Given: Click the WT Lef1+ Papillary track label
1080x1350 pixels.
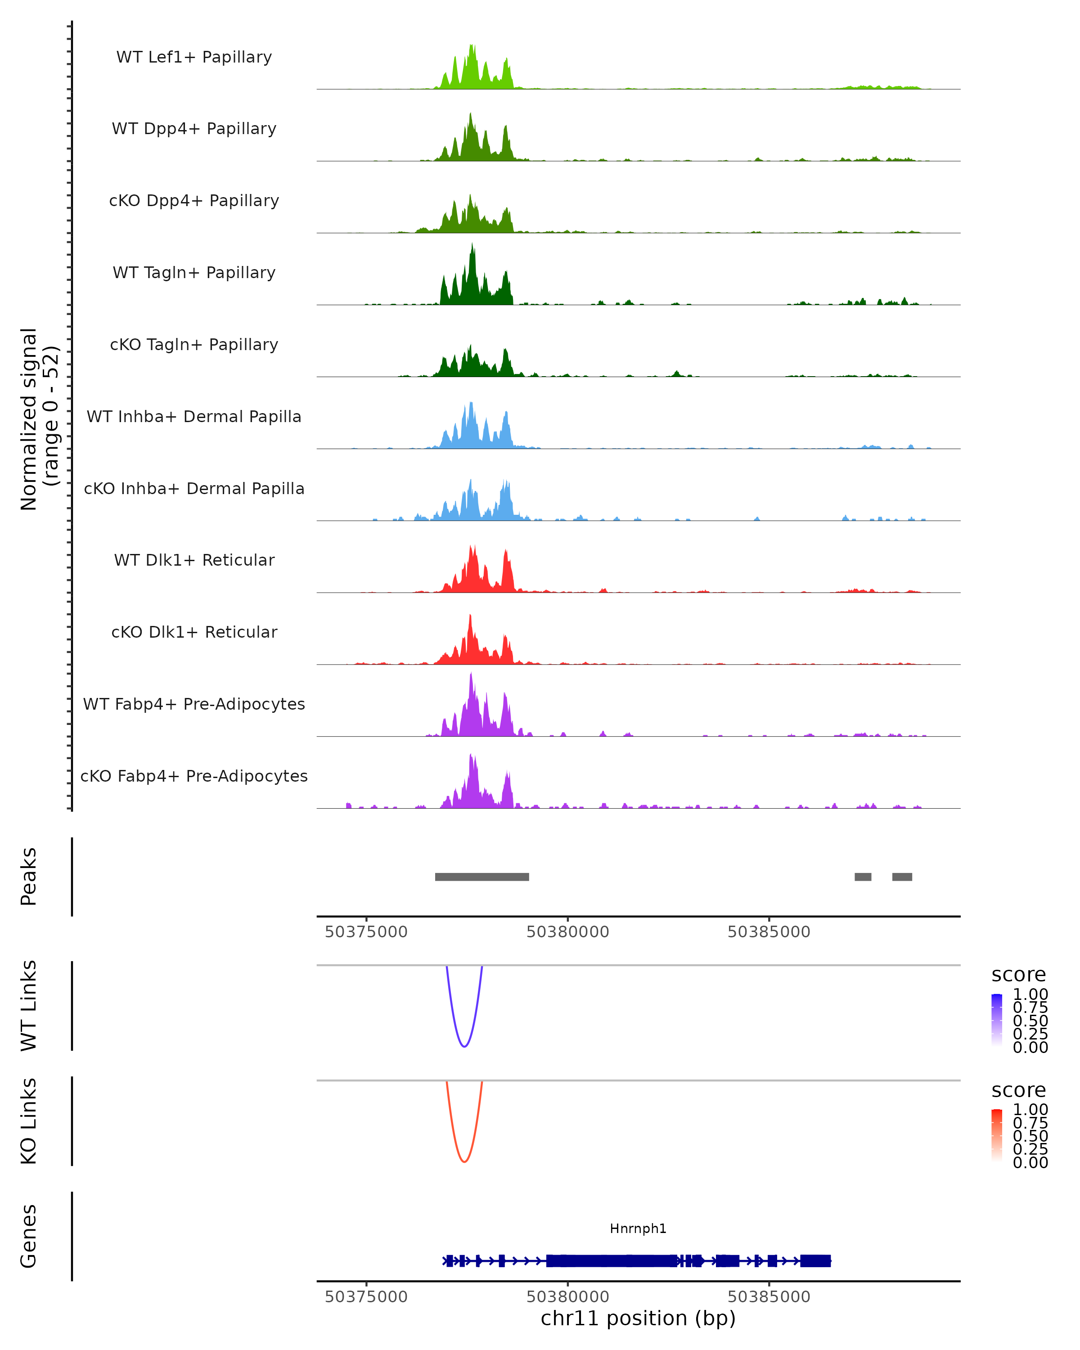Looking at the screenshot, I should pos(194,57).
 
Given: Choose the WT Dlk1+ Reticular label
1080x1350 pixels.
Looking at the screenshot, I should pos(194,560).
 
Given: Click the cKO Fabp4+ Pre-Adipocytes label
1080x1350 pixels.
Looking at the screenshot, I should pos(194,776).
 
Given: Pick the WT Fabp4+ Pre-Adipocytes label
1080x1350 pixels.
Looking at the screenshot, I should pos(194,704).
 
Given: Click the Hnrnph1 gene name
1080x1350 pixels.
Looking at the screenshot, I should pos(638,1228).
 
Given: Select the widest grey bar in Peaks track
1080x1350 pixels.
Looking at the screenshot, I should pos(482,877).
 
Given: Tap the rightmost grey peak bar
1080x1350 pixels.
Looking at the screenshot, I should pos(902,877).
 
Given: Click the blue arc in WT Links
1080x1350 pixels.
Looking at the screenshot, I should pos(464,1046).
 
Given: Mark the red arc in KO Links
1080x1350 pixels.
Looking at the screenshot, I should pos(464,1161).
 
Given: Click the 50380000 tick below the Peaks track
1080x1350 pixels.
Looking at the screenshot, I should pos(568,932).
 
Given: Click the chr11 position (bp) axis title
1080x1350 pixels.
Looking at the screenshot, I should pos(638,1318).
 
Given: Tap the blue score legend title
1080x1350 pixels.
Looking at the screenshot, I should pos(1019,975).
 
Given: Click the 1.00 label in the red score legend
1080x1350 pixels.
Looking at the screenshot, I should pos(1030,1109).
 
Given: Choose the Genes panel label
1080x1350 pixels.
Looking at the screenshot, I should pos(28,1236).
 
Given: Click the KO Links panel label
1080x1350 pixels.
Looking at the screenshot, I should pos(28,1121).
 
